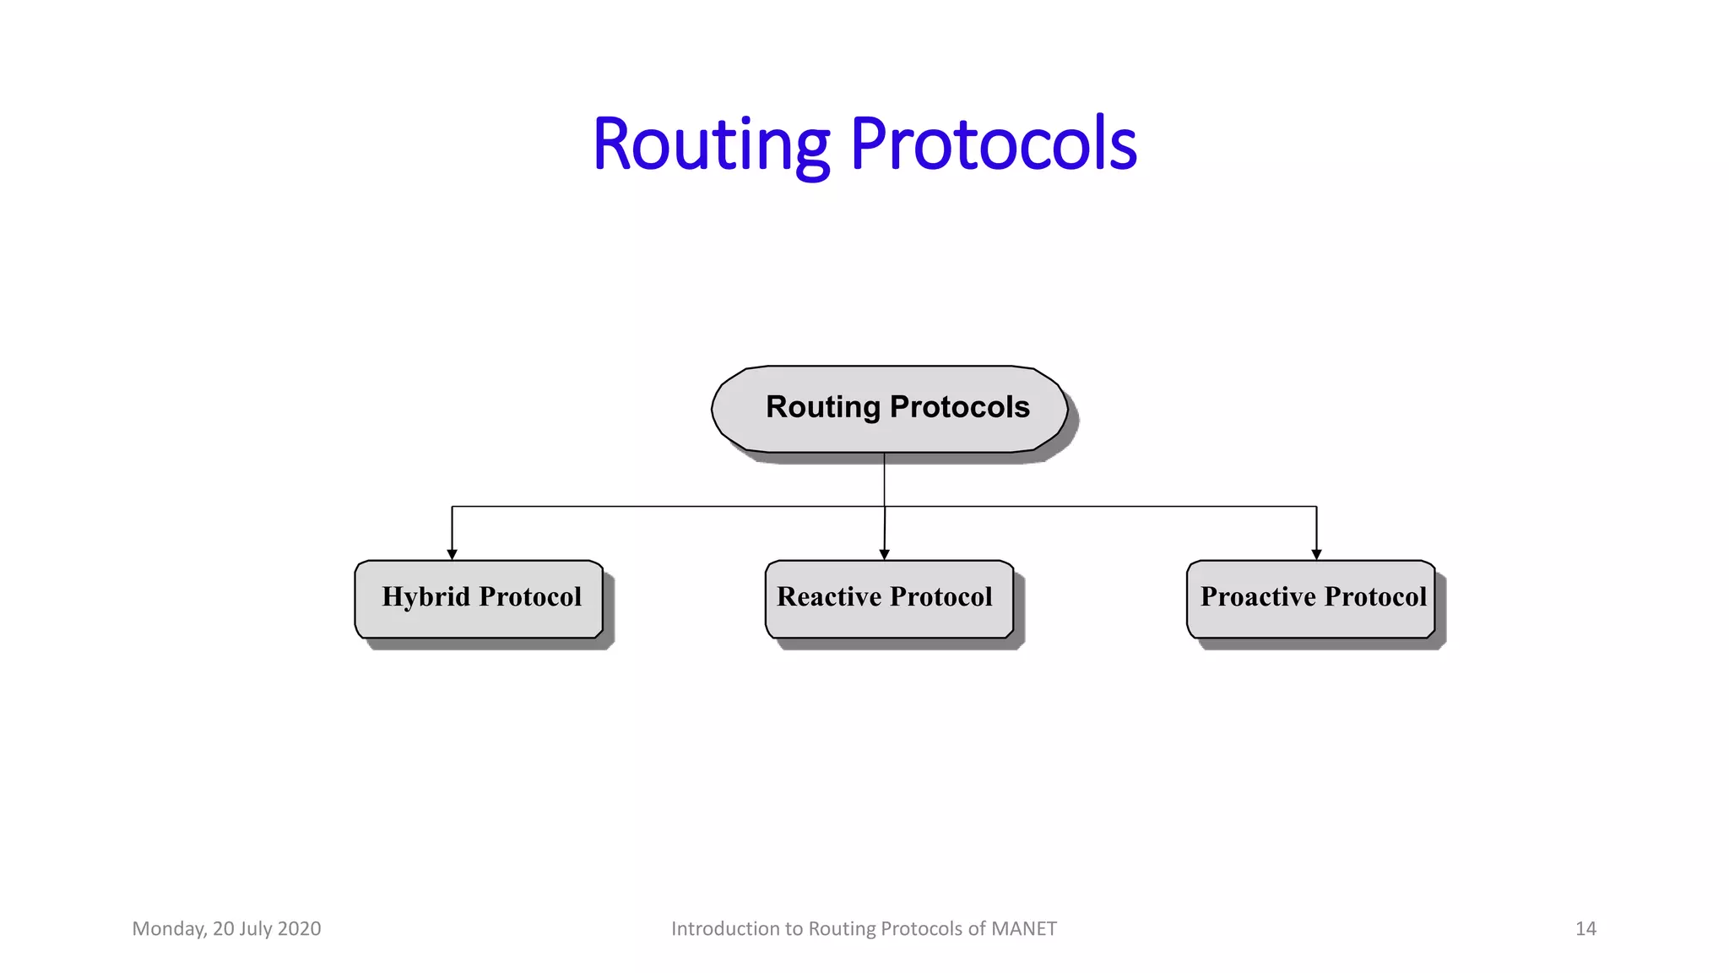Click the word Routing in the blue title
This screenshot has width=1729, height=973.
(711, 145)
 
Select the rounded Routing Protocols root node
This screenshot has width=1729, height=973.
(889, 409)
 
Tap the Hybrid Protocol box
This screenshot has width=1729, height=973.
(479, 599)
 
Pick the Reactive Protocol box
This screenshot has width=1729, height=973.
(889, 599)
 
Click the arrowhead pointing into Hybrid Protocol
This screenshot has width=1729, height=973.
(452, 554)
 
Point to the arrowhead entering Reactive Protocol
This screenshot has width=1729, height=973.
(884, 554)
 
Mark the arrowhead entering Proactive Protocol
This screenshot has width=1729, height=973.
(1316, 554)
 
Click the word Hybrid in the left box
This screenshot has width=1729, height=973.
(425, 597)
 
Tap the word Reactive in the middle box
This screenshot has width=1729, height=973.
(828, 596)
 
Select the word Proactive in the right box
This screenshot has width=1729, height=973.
(1258, 596)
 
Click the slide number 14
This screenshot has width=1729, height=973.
(1585, 929)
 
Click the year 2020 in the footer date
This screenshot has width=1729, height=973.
(299, 929)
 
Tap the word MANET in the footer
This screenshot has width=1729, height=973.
(1023, 929)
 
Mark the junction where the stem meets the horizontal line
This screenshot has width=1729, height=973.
(884, 507)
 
